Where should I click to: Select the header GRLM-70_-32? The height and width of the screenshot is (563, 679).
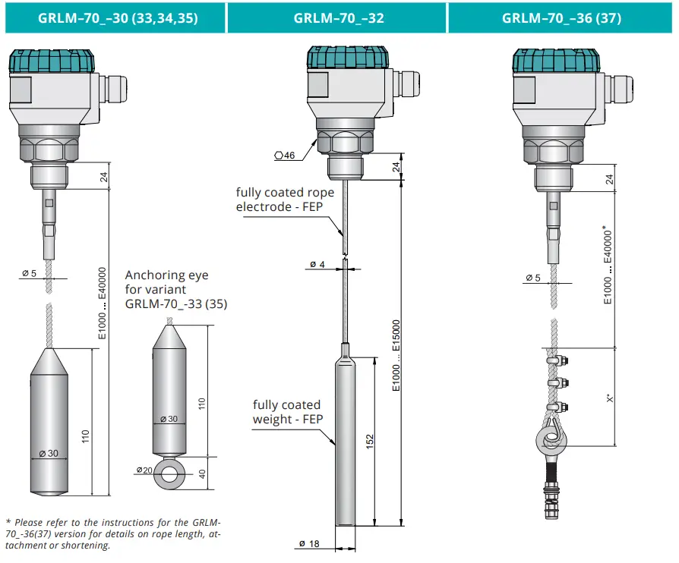pyautogui.click(x=338, y=17)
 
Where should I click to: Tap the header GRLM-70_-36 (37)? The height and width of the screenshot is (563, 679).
pyautogui.click(x=561, y=17)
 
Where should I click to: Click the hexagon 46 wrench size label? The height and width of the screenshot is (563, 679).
pyautogui.click(x=284, y=156)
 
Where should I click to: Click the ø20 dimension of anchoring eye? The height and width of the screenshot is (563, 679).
pyautogui.click(x=144, y=470)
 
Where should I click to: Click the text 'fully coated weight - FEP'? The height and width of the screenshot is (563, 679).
pyautogui.click(x=286, y=413)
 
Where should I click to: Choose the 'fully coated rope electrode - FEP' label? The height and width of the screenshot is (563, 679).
pyautogui.click(x=284, y=200)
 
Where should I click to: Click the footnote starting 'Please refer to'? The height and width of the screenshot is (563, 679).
pyautogui.click(x=113, y=533)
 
